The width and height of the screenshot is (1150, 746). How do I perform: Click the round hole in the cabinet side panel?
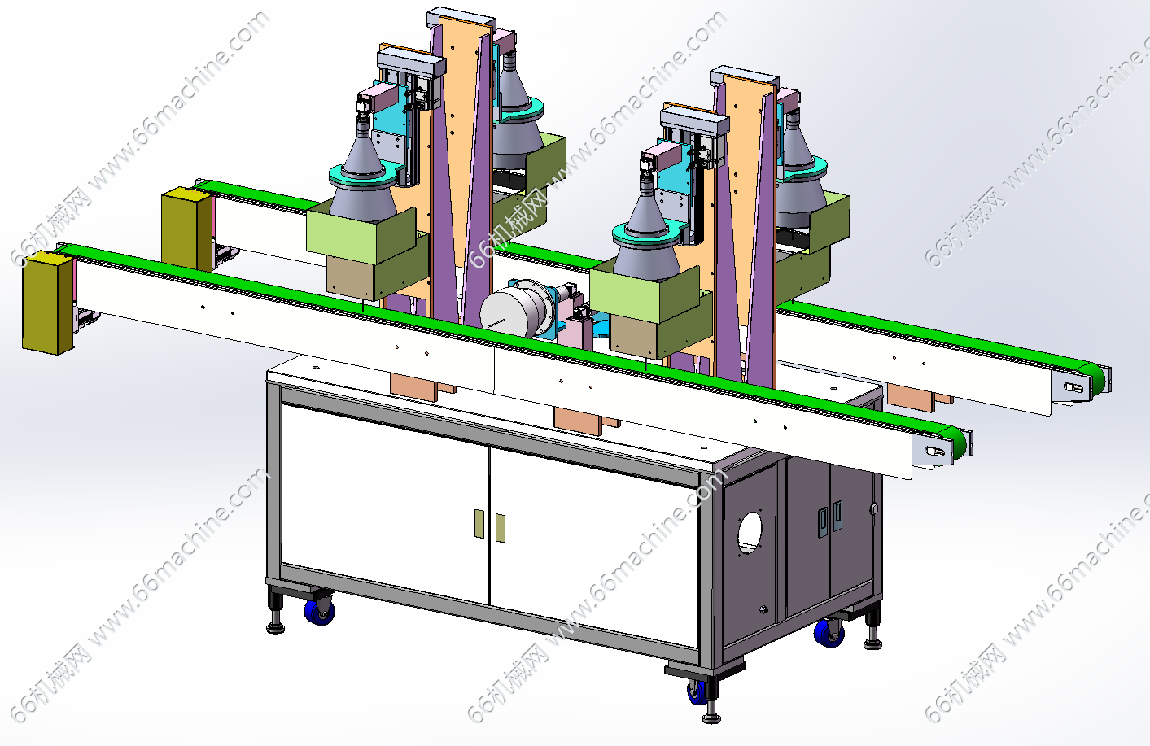tap(750, 533)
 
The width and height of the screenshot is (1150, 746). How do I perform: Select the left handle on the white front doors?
tap(479, 523)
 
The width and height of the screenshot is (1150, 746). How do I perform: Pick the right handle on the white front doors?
tap(500, 528)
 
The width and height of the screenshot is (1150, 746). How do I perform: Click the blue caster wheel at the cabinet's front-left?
tap(319, 612)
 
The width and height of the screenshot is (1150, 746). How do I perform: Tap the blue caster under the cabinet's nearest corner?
tap(697, 691)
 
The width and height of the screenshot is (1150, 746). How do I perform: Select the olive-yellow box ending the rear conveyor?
tap(187, 229)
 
